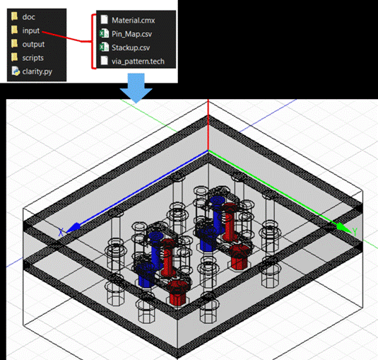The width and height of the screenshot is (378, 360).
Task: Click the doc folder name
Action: pyautogui.click(x=28, y=17)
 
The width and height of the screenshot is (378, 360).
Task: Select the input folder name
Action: pyautogui.click(x=30, y=30)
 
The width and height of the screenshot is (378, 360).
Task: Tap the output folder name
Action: pyautogui.click(x=33, y=44)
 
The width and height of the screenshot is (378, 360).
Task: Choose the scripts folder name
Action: pyautogui.click(x=33, y=58)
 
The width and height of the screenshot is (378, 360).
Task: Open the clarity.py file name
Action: pyautogui.click(x=37, y=71)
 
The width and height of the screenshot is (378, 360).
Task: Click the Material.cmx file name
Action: pyautogui.click(x=133, y=21)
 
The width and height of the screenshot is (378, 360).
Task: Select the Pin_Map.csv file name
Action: pyautogui.click(x=131, y=34)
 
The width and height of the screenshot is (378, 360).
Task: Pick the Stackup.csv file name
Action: pyautogui.click(x=131, y=47)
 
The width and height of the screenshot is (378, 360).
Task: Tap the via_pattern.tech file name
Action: pyautogui.click(x=138, y=62)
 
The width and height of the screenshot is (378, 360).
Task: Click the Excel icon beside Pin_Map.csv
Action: pyautogui.click(x=104, y=33)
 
